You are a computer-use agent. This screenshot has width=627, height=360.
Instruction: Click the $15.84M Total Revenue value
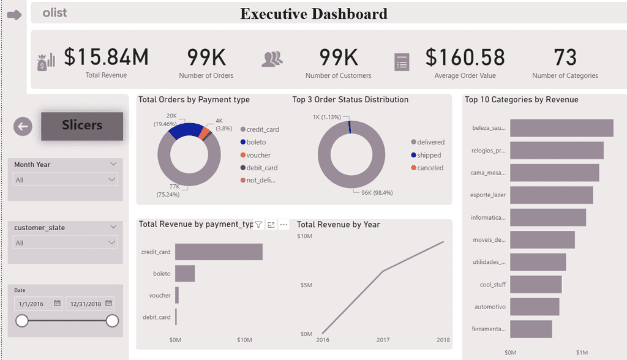coord(106,57)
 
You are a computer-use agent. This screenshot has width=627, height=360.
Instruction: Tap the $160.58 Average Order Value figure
coord(465,57)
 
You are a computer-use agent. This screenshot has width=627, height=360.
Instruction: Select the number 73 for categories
coord(565,57)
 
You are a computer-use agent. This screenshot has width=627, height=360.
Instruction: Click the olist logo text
coord(54,13)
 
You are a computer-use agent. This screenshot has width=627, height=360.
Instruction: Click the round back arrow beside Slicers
coord(23,126)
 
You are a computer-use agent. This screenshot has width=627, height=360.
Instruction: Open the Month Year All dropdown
coord(65,179)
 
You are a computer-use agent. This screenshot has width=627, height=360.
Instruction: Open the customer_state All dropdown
coord(65,242)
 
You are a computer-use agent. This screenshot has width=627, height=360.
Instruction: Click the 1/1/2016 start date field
coord(39,304)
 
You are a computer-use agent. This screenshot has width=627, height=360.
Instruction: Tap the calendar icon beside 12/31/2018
coord(109,303)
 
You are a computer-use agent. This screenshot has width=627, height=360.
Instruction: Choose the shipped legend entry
coord(426,155)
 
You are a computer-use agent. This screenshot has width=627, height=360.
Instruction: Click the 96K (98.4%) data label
coord(377,193)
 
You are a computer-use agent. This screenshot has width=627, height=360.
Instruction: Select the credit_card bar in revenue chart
coord(219,252)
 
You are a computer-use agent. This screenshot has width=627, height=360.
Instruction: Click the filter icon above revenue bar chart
coord(259,225)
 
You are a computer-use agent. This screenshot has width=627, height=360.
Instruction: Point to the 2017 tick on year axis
coord(383,340)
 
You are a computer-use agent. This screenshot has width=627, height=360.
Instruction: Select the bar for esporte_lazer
coord(552,195)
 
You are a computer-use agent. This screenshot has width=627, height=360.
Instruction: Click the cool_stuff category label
coord(493,285)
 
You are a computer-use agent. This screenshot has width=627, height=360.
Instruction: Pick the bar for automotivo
coord(535,307)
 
